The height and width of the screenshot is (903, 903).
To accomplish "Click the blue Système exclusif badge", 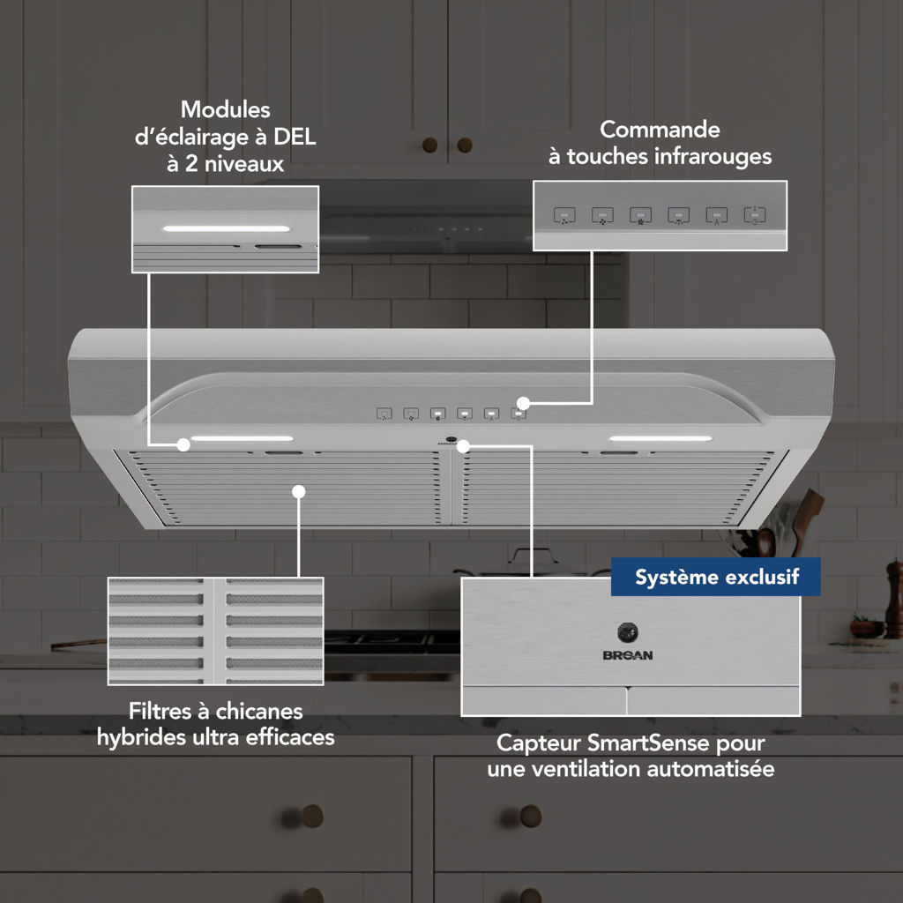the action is coord(715,577).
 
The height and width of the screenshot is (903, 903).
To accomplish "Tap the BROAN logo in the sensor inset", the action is coord(628,655).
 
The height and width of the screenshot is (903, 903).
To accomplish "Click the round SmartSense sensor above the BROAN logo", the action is coord(628,632).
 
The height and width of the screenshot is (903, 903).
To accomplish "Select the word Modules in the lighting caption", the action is coord(226,109).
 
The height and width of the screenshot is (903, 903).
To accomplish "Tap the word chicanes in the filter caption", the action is coord(258,712).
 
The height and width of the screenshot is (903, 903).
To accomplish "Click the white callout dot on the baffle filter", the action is coord(298,491).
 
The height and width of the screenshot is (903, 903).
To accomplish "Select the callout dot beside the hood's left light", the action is coord(183,444).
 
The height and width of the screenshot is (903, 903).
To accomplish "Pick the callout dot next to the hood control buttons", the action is coord(523,402).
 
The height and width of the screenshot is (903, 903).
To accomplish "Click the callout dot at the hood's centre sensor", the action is coord(464,445).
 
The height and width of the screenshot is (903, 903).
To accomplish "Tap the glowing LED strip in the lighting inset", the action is coord(227,228).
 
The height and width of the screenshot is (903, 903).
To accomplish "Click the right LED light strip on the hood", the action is coord(660,439).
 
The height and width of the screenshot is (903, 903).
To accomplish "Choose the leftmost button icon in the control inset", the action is coord(564,215).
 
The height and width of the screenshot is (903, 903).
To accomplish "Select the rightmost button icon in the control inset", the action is coord(755,215).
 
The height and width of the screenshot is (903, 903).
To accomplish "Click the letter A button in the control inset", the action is coord(716,215).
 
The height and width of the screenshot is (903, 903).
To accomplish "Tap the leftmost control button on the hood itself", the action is coord(384,414).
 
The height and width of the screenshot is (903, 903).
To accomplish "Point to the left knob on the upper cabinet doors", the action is coord(429,146).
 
